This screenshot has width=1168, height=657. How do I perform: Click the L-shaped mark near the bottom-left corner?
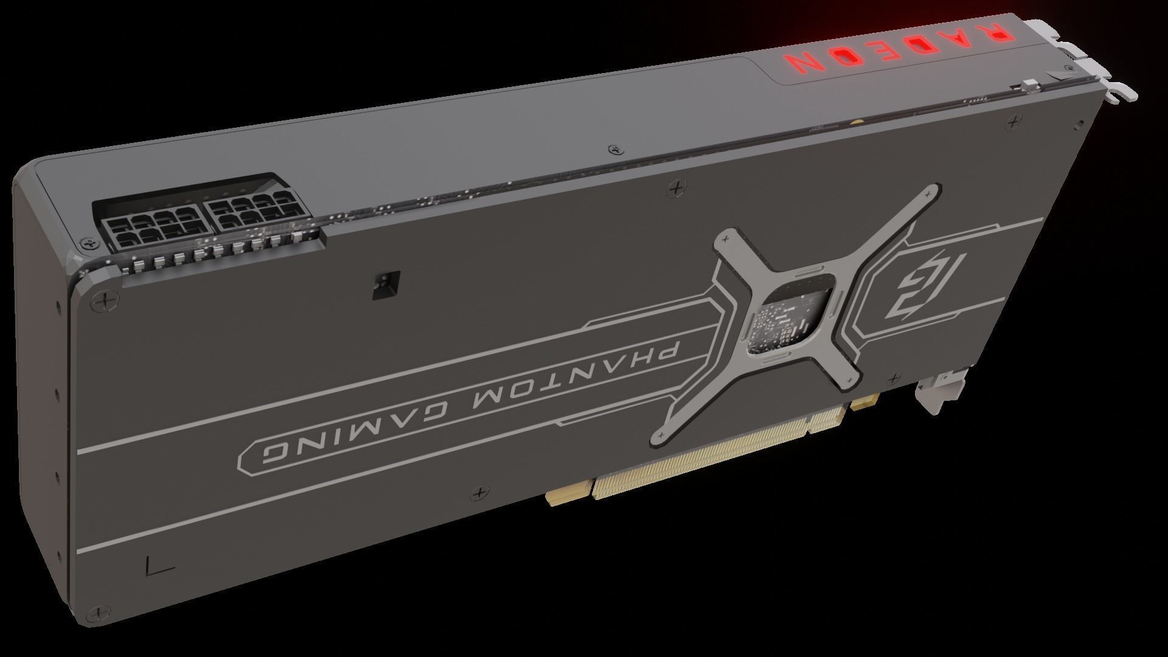[160, 567]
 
